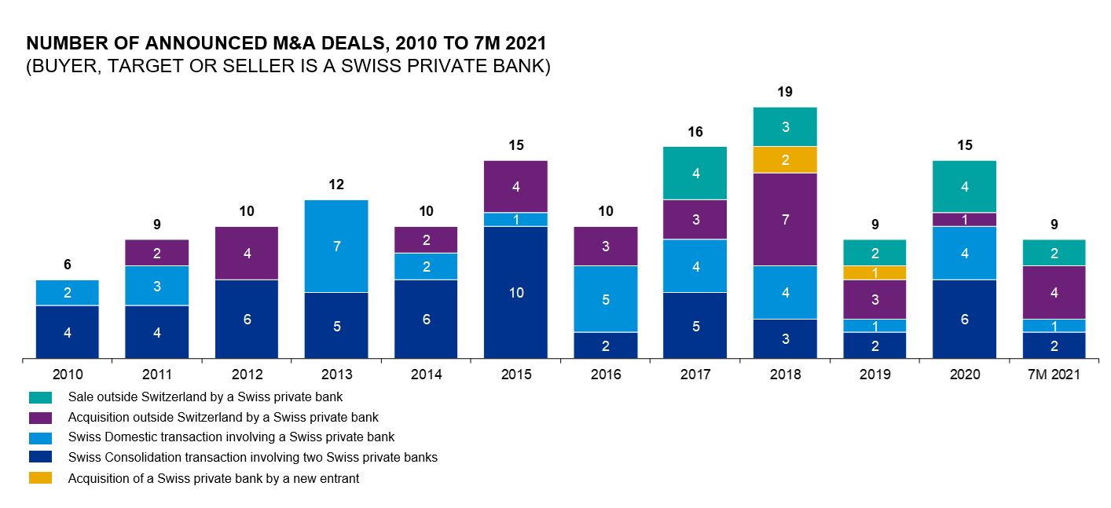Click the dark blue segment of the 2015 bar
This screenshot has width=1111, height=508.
coord(515,292)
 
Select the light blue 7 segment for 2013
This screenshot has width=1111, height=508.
coord(336,246)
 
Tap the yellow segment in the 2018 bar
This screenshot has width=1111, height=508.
coord(785,159)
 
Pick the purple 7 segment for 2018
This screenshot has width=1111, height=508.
coord(785,219)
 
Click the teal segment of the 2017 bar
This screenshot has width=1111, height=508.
coord(695,173)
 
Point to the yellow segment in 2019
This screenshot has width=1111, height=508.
coord(874,272)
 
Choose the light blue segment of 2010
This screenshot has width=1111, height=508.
coord(68,293)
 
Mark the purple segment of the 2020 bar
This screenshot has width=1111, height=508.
coord(964,219)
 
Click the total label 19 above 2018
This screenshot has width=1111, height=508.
coord(785,92)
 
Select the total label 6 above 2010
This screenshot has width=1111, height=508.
coord(68,265)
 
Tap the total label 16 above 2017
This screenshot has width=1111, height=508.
coord(695,132)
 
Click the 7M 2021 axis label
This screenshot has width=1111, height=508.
coord(1054,375)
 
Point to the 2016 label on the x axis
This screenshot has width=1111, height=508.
coord(606,375)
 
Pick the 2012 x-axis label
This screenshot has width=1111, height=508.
coord(247,375)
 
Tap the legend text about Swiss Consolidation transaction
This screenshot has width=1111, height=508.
coord(252,457)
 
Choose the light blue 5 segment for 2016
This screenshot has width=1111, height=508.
coord(606,299)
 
